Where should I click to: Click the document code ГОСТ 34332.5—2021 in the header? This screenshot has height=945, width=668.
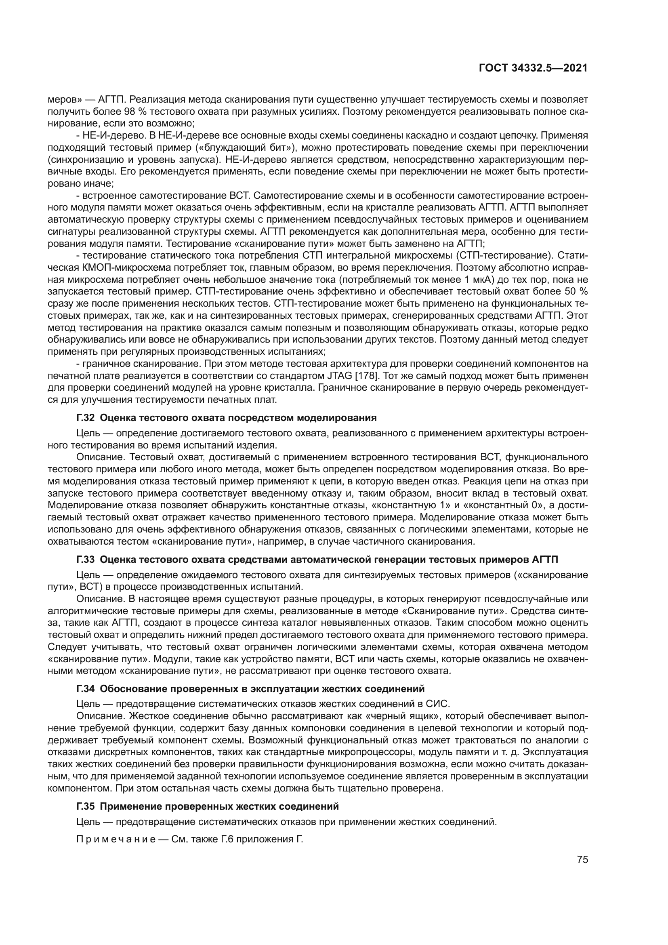coord(533,68)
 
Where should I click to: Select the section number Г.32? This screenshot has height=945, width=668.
coord(86,418)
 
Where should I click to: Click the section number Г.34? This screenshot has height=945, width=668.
coord(86,688)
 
